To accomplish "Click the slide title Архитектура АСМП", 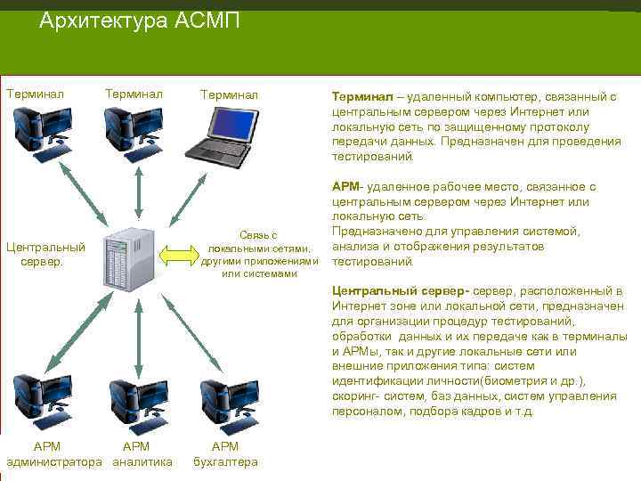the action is coord(140,20).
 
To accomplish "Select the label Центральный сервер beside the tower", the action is coord(45,254).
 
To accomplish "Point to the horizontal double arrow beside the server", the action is coord(178,256).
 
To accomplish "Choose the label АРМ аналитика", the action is coord(138,453).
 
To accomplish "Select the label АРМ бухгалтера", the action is coord(225,453).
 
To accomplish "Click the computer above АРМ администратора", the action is coord(45,402).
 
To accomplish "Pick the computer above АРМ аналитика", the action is coord(138,402).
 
